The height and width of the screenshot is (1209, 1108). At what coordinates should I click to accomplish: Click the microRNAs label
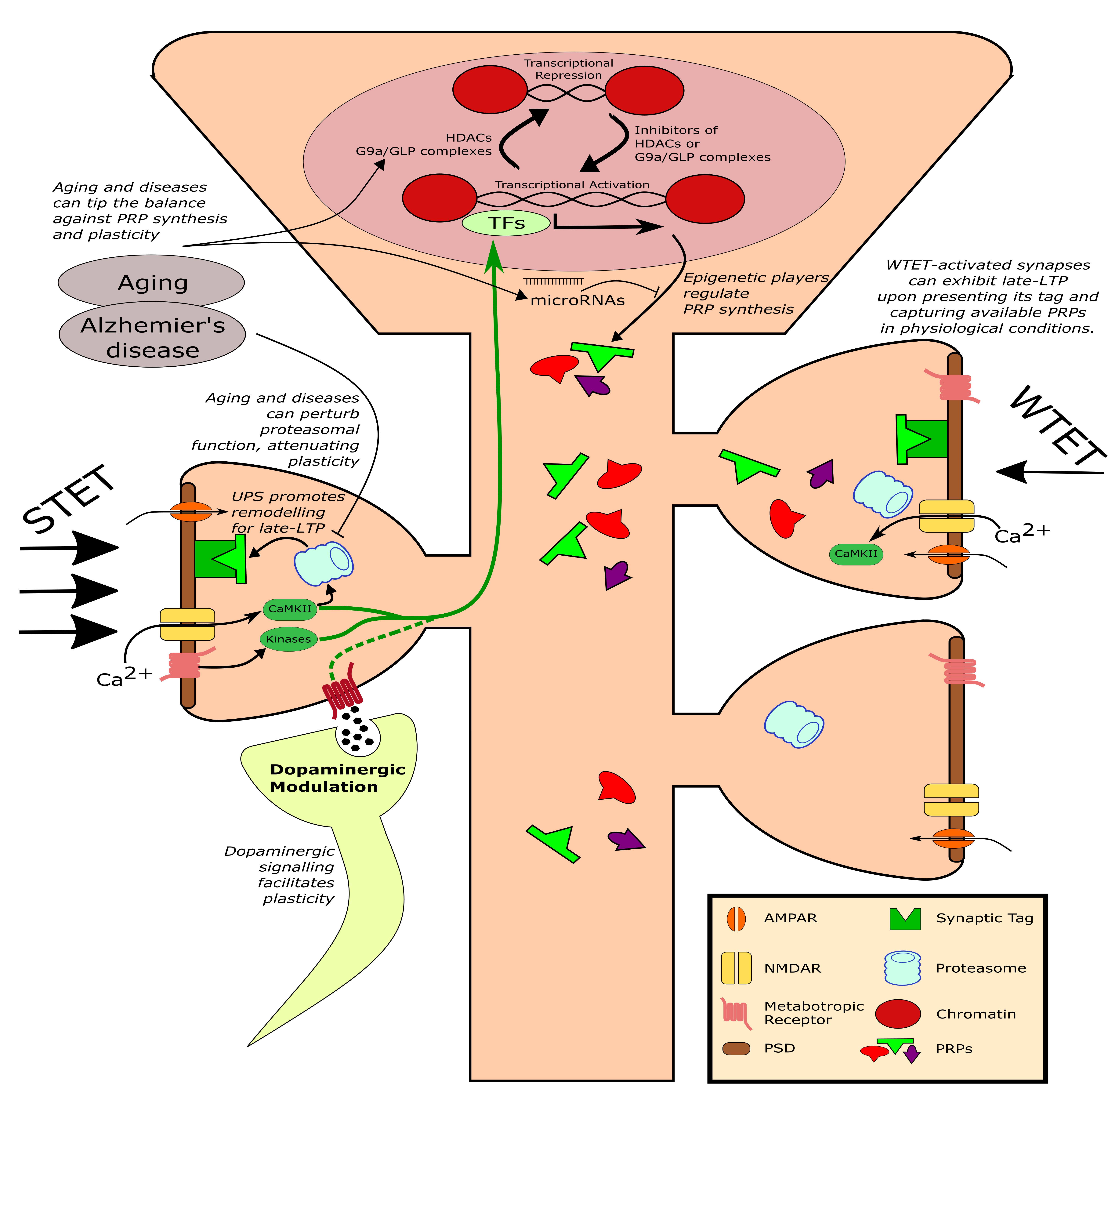point(577,300)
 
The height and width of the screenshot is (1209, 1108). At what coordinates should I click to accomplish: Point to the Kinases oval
point(288,639)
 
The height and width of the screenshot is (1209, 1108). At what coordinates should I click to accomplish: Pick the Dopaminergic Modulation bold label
point(337,778)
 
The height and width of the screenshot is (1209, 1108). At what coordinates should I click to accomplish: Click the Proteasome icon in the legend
point(902,968)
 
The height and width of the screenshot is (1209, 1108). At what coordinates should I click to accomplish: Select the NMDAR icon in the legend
point(736,968)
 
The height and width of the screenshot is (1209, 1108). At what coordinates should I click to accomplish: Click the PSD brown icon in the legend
point(736,1048)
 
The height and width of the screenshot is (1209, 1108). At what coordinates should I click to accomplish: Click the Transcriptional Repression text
point(568,69)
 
